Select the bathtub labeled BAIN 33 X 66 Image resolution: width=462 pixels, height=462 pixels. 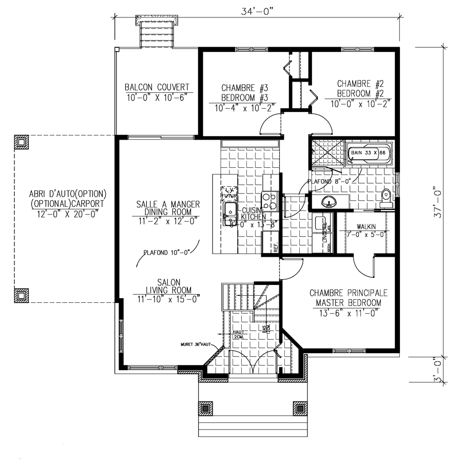370,153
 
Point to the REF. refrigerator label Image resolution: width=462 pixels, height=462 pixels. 276,247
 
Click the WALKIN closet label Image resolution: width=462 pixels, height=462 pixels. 365,226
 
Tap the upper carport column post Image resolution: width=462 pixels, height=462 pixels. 21,142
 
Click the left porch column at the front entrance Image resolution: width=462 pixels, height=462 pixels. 206,409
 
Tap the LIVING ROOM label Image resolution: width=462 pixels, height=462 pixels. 168,290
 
